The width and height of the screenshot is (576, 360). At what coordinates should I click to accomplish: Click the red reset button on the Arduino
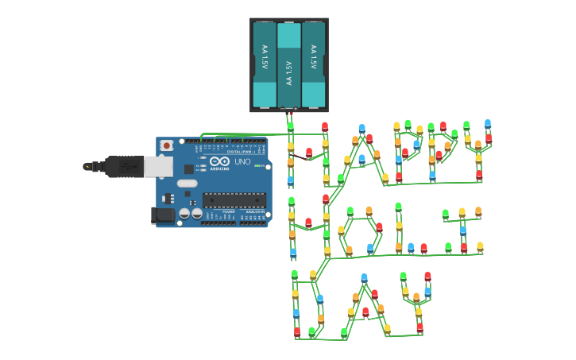coord(166,145)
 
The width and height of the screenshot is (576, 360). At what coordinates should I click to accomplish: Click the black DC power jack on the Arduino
coord(162,215)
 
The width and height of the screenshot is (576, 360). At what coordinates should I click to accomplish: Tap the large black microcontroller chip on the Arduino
coord(234,199)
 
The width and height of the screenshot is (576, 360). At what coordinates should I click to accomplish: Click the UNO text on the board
coord(242,161)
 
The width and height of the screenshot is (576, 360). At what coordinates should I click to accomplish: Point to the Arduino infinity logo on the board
coord(220,161)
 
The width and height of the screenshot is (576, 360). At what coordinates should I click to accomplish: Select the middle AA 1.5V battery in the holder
coord(289,65)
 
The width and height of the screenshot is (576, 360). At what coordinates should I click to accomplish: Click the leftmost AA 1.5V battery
coord(265,65)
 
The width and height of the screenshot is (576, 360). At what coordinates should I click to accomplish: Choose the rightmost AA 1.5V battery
coord(314,65)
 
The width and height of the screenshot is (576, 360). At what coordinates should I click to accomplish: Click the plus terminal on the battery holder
coord(296,108)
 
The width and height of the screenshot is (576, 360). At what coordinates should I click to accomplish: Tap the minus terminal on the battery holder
coord(282,108)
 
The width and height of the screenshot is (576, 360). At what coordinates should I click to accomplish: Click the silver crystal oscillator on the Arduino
coord(187,183)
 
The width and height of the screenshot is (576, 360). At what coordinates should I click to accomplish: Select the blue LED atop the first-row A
coord(361,128)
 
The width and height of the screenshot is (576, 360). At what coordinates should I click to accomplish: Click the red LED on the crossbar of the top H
coord(309,152)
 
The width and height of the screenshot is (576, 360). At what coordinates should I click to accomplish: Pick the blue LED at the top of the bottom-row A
coord(364,278)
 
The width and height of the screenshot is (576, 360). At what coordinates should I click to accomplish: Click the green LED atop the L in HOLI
coord(398,207)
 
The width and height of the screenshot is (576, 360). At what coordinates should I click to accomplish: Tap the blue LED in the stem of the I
coord(463,230)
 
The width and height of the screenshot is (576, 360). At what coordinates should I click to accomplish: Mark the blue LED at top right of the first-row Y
coord(488,124)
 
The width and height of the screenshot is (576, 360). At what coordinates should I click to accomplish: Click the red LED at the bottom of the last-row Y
coord(419,327)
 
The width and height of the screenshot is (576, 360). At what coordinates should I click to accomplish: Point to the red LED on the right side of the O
coord(379,227)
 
